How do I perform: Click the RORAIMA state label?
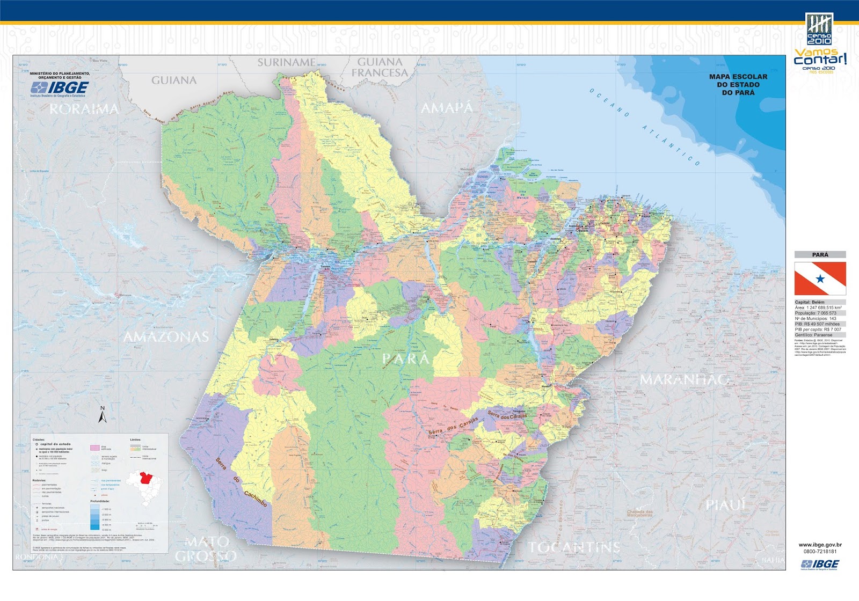84,109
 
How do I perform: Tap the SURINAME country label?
287,62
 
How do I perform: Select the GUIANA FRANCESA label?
380,67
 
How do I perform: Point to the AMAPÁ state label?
447,108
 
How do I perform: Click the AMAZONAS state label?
166,337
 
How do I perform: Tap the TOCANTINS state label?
574,547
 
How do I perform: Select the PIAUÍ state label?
726,505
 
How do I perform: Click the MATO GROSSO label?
207,549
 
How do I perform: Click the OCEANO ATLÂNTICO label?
644,127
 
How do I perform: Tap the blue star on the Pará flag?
820,278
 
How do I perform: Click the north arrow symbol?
103,414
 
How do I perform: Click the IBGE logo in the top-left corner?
60,87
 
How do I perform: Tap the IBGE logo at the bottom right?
819,563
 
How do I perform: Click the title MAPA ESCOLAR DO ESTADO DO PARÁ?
738,85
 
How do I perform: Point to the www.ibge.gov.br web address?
820,545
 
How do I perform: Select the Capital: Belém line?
810,302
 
